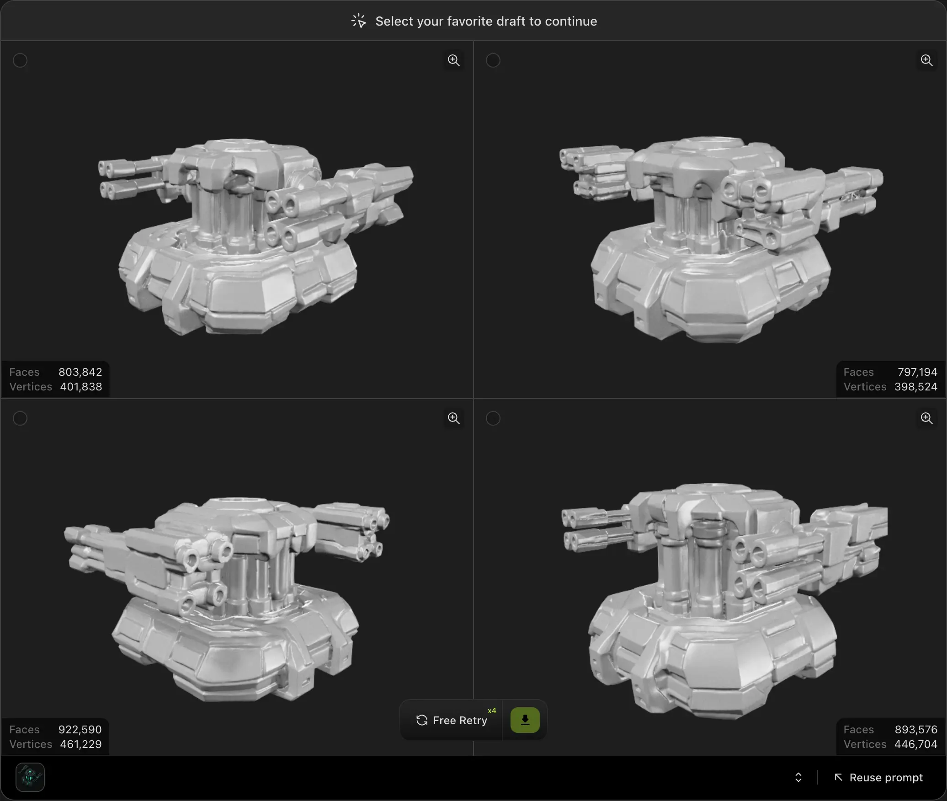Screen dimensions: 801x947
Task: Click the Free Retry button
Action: (x=452, y=721)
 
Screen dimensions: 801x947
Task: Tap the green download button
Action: (x=525, y=721)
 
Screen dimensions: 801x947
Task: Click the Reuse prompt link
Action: (x=878, y=778)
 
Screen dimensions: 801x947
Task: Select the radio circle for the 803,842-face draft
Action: (x=20, y=60)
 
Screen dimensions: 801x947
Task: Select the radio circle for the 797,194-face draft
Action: (x=493, y=60)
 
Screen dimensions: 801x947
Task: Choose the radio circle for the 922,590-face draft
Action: (x=20, y=418)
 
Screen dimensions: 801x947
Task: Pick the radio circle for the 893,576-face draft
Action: (x=493, y=418)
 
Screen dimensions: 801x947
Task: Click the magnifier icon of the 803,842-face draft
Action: (x=453, y=60)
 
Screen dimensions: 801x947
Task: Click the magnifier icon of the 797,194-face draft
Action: (x=926, y=60)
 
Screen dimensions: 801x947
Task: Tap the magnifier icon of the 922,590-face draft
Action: (x=453, y=418)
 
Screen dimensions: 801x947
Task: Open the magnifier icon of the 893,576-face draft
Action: (x=926, y=418)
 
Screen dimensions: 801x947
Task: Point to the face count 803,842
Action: (x=80, y=372)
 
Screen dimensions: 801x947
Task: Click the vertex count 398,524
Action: (x=915, y=387)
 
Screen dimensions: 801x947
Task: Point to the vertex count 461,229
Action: (x=80, y=744)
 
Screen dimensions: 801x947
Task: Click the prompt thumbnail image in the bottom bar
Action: (x=30, y=777)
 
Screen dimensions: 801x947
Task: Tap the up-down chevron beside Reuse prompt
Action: (x=798, y=778)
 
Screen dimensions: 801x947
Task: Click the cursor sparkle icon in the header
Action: (x=359, y=21)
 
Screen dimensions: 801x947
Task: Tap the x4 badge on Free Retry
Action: (x=492, y=711)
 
